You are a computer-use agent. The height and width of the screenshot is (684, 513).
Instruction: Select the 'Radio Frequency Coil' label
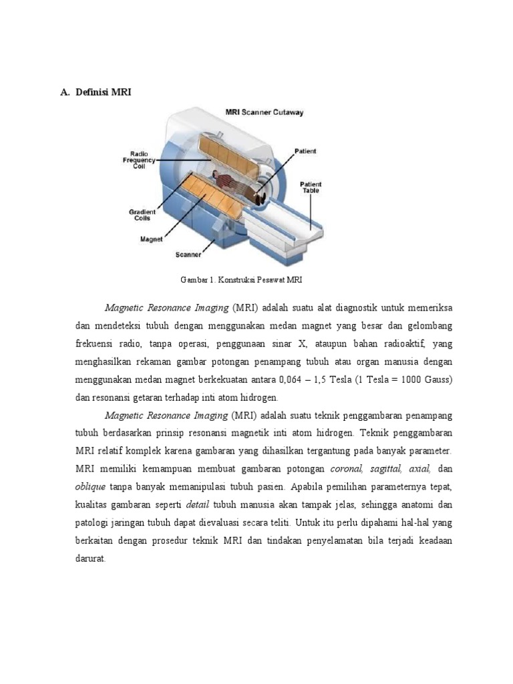click(139, 160)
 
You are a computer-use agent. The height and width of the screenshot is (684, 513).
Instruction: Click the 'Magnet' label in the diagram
click(152, 238)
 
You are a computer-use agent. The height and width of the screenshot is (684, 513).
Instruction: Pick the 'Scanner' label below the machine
click(188, 254)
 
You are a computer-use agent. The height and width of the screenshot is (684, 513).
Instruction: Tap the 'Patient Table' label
click(310, 187)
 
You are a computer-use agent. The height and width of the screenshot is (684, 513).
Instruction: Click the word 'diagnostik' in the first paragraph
click(355, 308)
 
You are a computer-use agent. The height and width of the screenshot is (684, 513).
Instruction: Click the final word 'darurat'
click(91, 558)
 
